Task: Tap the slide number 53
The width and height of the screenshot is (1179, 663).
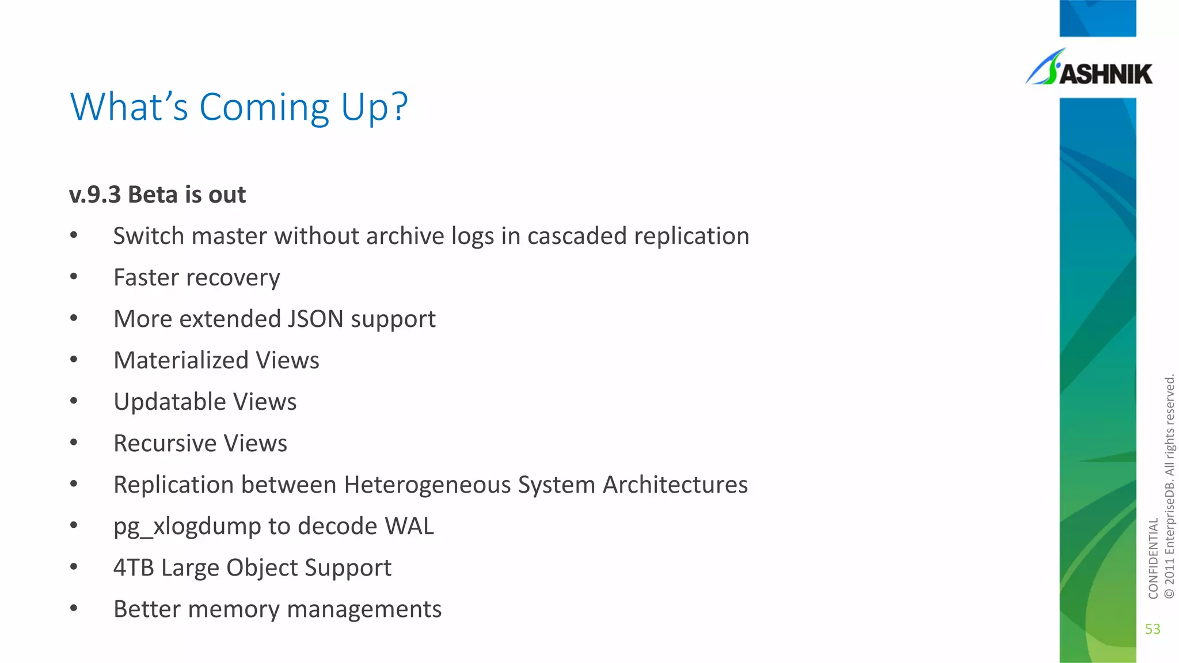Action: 1153,629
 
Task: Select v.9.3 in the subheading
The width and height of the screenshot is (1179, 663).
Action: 95,195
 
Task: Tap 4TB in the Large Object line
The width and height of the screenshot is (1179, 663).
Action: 134,567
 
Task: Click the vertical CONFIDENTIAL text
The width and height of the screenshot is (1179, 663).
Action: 1153,558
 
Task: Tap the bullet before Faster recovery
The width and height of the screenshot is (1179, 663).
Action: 74,277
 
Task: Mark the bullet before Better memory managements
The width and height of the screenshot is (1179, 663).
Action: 74,608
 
